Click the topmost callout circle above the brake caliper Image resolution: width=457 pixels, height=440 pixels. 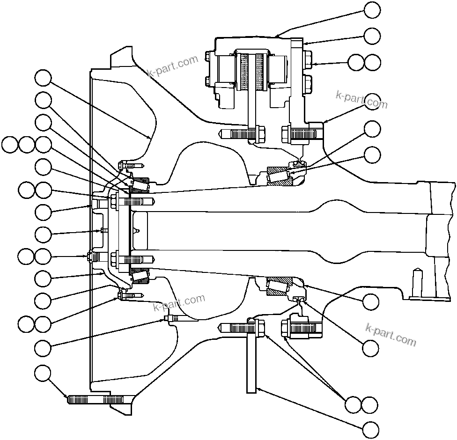pos(372,10)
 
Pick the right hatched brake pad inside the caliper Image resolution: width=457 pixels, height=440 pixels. pos(261,72)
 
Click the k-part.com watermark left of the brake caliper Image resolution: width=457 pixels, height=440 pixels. pos(172,66)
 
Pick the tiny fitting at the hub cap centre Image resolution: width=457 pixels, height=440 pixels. pos(102,230)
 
